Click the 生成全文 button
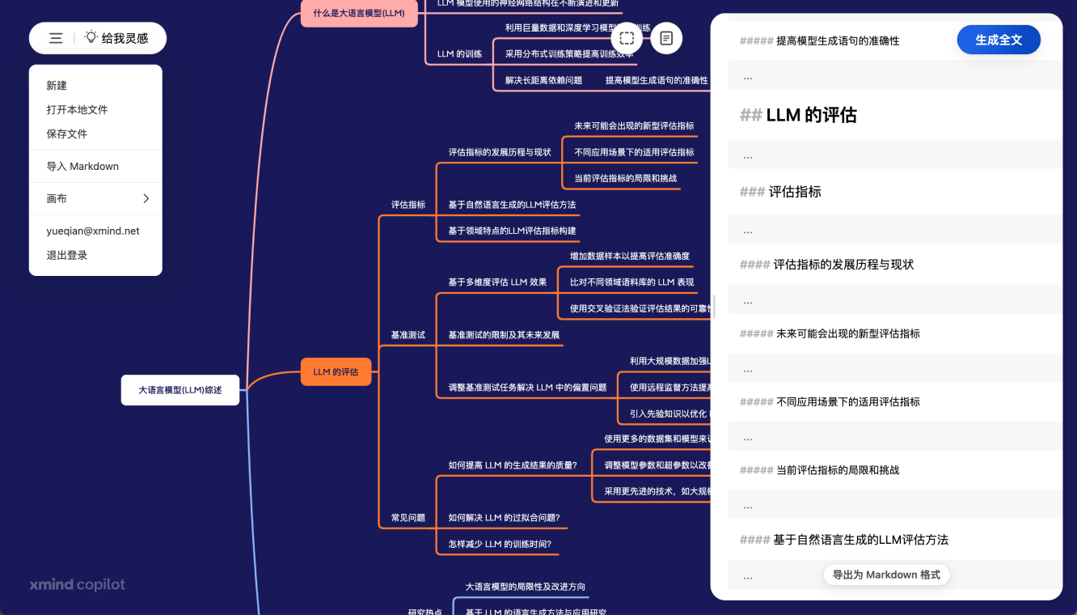point(998,40)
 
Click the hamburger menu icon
point(56,38)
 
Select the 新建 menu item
point(57,86)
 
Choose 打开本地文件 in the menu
point(77,110)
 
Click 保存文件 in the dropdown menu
point(66,134)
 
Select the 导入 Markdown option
point(82,167)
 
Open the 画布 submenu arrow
point(146,199)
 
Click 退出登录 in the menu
point(66,256)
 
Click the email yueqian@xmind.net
point(93,231)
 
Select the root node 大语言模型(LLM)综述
point(179,390)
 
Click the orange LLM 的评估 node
point(336,372)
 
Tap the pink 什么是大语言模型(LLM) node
point(358,13)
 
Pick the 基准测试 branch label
point(408,335)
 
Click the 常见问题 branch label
point(408,518)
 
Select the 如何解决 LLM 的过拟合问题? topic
point(504,518)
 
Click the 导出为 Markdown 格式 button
point(886,575)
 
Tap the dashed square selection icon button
point(626,38)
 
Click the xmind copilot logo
point(77,585)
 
